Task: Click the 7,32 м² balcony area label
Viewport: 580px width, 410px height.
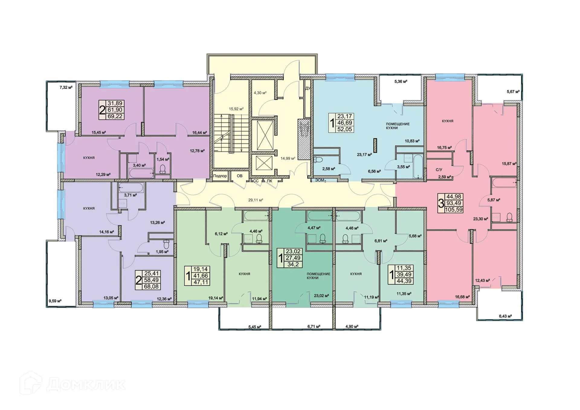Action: click(66, 88)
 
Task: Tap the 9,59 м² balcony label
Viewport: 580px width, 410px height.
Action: click(55, 301)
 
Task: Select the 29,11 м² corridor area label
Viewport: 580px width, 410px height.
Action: click(256, 200)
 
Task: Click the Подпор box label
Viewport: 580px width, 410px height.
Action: click(220, 176)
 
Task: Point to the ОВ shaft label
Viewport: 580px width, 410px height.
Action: click(240, 176)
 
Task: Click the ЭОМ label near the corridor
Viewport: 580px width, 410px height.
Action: click(320, 180)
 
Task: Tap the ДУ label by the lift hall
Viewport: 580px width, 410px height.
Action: click(308, 89)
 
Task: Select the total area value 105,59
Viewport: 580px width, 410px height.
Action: click(454, 209)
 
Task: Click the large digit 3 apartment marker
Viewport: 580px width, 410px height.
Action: click(441, 203)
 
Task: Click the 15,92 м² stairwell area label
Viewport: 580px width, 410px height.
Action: click(236, 109)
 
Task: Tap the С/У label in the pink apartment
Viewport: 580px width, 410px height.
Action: click(439, 170)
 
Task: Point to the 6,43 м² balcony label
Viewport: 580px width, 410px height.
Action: click(505, 316)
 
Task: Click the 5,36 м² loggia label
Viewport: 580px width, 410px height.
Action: click(401, 81)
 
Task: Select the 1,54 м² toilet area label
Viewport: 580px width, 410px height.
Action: click(163, 159)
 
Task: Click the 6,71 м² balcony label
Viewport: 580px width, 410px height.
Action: click(314, 327)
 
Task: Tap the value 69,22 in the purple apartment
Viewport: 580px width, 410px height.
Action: click(115, 116)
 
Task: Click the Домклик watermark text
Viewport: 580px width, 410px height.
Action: click(86, 385)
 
